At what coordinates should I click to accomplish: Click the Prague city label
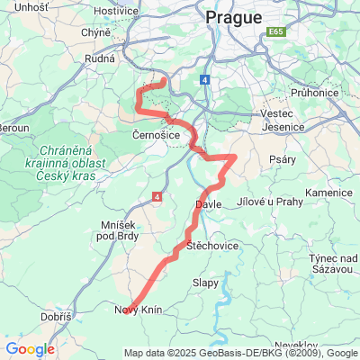[233, 17]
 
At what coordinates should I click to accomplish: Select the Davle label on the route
[208, 206]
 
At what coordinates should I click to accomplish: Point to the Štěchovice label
[211, 245]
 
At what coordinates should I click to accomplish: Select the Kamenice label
[328, 193]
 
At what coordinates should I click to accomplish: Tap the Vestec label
[270, 113]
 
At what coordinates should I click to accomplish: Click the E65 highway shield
[274, 32]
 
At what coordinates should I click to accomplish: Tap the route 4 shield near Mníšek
[157, 195]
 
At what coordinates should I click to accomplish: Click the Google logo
[31, 349]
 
